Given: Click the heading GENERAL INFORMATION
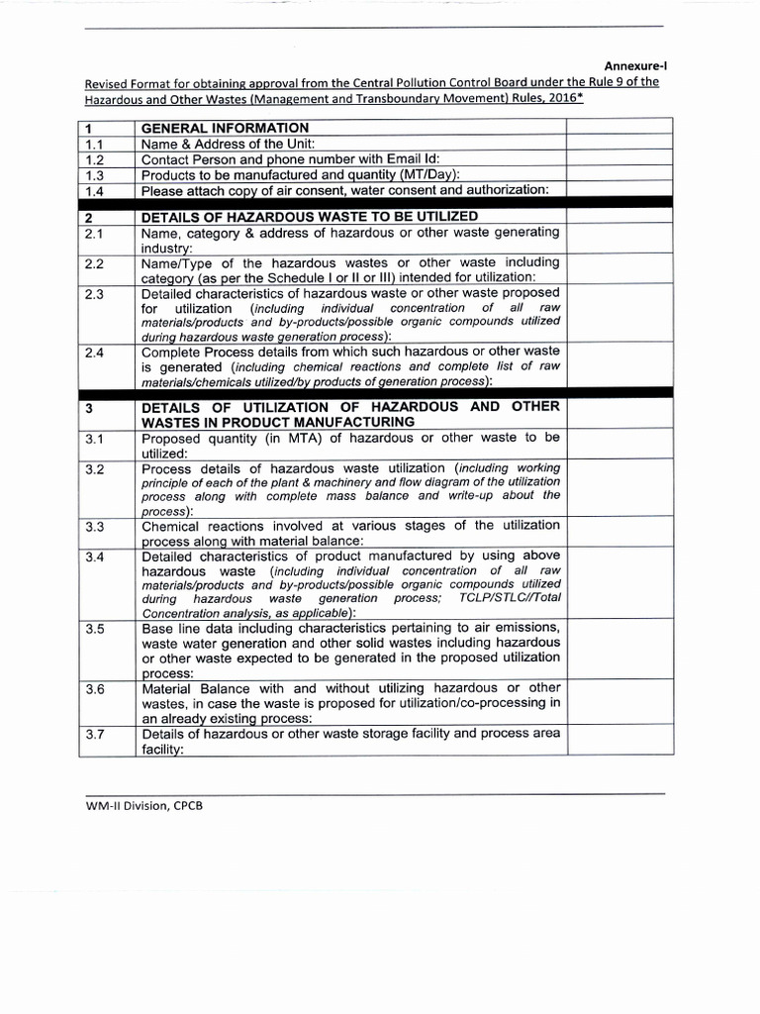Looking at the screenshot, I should coord(225,128).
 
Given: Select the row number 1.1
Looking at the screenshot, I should coord(95,144).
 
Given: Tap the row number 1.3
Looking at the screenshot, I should coord(95,175).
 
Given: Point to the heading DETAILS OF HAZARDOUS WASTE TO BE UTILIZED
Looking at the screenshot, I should coord(310,216).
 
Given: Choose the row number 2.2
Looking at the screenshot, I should coord(95,264).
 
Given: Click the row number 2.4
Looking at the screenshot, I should coord(95,353).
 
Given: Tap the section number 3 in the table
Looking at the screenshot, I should coord(89,408).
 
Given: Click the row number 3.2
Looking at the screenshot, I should coord(95,468).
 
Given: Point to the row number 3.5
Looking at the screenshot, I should coord(95,629).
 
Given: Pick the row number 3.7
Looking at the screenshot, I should coord(95,735).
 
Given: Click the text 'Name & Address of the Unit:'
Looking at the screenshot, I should coord(229,144).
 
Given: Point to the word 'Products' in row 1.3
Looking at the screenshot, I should coord(170,175).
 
